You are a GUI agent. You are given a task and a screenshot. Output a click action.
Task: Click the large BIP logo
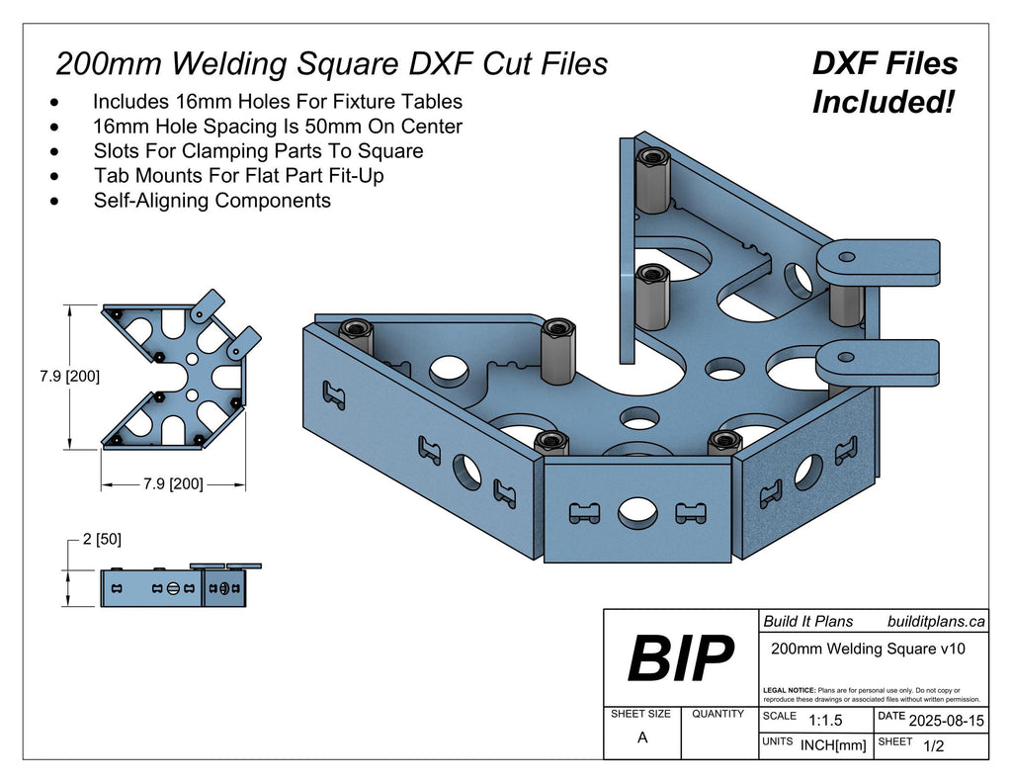click(681, 659)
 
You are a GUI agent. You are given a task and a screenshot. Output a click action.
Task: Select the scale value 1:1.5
click(825, 721)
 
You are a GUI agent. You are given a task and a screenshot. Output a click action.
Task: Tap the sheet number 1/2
click(932, 746)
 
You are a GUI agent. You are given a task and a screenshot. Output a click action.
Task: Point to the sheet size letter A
click(642, 738)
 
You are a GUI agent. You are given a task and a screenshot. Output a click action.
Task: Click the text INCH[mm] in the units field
click(833, 745)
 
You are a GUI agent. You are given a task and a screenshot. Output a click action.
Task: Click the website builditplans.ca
click(936, 621)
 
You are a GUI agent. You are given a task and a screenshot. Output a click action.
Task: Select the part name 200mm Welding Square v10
click(867, 649)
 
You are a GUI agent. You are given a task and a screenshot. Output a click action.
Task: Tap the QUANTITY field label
click(718, 713)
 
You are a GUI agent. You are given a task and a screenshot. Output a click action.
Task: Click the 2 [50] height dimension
click(102, 539)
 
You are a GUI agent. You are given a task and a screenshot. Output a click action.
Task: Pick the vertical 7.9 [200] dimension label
click(69, 377)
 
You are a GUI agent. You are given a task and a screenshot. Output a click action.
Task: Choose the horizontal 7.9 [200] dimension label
click(173, 483)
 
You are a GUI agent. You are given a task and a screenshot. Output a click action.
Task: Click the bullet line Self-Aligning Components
click(211, 201)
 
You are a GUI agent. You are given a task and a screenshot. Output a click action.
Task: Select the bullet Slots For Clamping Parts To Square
click(258, 151)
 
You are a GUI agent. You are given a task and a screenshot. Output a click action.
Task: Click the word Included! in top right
click(883, 101)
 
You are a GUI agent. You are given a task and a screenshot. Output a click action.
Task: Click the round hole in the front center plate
click(637, 512)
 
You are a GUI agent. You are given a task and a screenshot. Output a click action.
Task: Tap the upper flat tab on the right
click(878, 261)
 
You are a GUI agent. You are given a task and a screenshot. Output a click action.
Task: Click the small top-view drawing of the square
click(181, 374)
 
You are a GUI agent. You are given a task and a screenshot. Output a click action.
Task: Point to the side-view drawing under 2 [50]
click(178, 586)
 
